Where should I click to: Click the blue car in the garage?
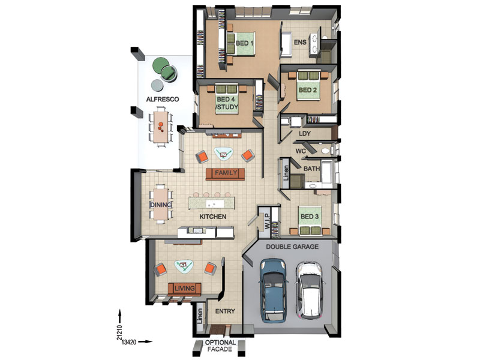274,290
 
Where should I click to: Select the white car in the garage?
310,290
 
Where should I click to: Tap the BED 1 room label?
244,43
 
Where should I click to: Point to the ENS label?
300,42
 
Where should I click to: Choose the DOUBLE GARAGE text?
292,247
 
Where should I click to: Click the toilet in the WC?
326,151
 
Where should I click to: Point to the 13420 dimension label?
128,342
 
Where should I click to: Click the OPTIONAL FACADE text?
220,346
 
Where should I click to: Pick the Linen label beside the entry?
200,316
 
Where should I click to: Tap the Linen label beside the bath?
286,173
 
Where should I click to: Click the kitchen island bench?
212,203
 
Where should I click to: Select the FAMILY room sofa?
226,174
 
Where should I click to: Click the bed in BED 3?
309,220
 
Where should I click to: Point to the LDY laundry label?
305,133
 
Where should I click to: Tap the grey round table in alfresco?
158,85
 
